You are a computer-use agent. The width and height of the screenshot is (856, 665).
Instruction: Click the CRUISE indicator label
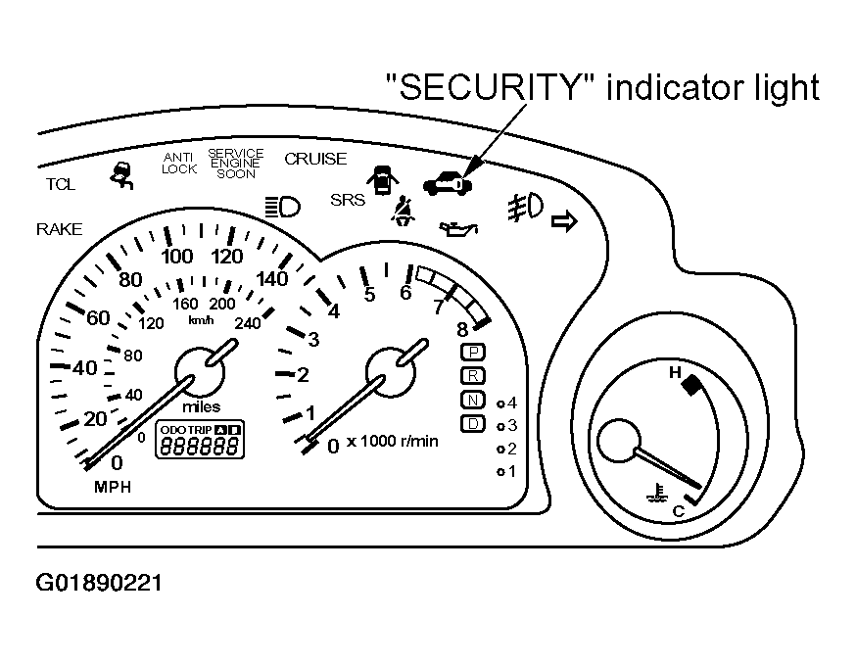[x=315, y=159]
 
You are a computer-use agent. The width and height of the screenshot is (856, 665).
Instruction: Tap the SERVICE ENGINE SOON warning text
[x=236, y=164]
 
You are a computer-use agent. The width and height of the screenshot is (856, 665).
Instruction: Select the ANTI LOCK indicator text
[x=179, y=164]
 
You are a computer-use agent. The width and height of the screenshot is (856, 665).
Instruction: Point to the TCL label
[x=60, y=184]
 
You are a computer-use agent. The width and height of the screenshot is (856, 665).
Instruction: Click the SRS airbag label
[x=348, y=200]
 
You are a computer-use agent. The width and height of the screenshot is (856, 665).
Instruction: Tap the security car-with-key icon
[x=448, y=182]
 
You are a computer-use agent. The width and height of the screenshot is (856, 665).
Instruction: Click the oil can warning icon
[x=458, y=228]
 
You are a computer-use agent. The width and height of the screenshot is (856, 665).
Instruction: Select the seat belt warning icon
[x=403, y=211]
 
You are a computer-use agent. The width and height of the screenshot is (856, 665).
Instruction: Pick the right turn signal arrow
[x=564, y=221]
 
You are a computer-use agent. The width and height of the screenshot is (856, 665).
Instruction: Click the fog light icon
[x=525, y=208]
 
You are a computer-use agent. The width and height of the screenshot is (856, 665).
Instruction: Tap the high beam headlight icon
[x=283, y=208]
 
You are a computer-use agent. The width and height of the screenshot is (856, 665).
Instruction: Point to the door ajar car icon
[x=383, y=179]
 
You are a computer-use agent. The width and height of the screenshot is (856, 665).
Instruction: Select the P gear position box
[x=473, y=353]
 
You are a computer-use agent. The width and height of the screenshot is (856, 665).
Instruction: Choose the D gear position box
[x=473, y=424]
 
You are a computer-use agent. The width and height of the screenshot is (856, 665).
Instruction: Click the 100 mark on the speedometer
[x=177, y=256]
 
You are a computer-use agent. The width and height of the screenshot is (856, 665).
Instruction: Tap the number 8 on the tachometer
[x=462, y=330]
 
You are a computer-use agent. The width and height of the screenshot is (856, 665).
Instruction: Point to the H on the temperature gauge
[x=676, y=372]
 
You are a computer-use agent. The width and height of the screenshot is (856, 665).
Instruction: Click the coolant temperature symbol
[x=657, y=492]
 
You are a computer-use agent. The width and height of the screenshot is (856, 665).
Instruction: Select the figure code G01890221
[x=99, y=583]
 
